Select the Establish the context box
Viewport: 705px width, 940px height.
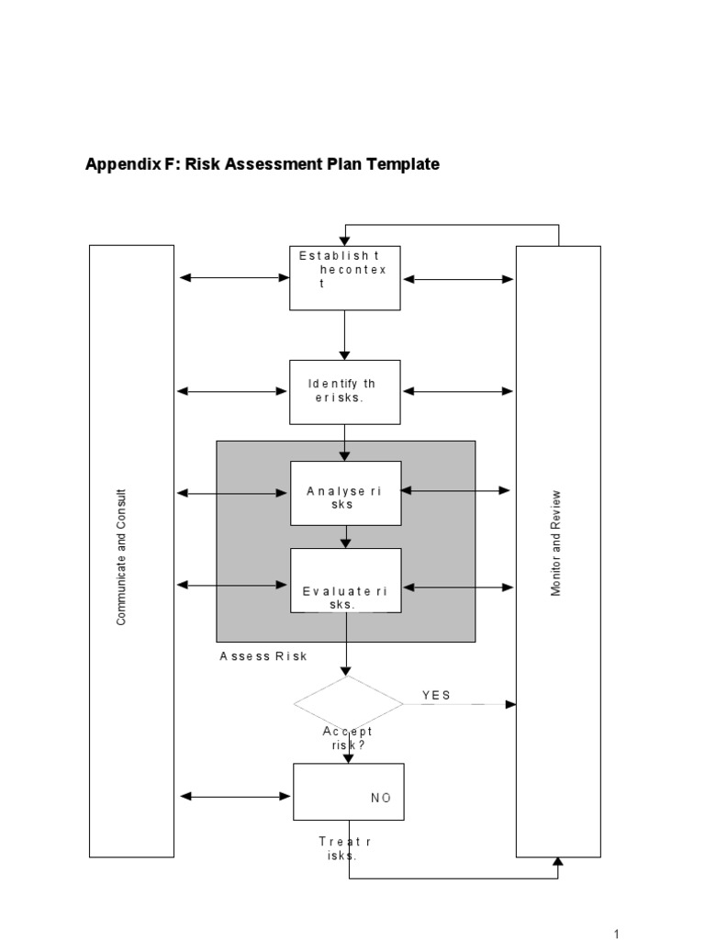tap(345, 277)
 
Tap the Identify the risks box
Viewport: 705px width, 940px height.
tap(345, 392)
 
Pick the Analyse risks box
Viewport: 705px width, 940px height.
tap(345, 493)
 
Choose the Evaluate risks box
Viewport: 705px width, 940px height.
tap(345, 580)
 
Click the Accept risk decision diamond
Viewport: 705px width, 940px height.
tap(348, 704)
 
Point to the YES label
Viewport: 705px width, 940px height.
tap(436, 695)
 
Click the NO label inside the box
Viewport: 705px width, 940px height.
tap(381, 798)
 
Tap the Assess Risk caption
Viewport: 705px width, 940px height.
tap(263, 656)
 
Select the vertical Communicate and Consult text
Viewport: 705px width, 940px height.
tap(121, 557)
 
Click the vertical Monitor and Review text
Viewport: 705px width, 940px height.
tap(555, 550)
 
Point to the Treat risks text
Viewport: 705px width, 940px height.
tap(344, 848)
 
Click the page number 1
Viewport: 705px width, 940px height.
tap(617, 934)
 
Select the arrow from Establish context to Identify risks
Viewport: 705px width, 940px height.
tap(345, 335)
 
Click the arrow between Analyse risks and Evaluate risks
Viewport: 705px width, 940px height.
tap(345, 536)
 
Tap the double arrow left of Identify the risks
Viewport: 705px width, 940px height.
tap(232, 391)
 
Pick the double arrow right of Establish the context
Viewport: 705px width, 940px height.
tap(458, 279)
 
